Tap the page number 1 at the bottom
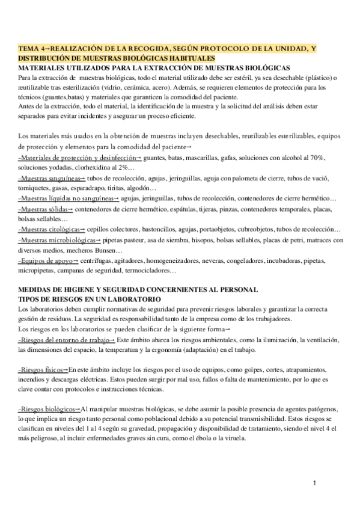tap(316, 484)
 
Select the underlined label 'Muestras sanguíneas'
tap(51, 179)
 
